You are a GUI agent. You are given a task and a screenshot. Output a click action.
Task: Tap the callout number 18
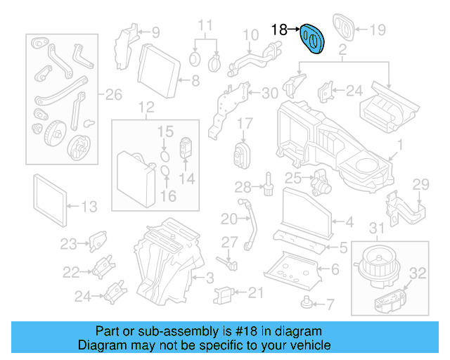(279, 30)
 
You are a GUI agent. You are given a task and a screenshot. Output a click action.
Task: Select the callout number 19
(378, 30)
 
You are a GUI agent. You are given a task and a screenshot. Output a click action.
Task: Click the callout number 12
(146, 108)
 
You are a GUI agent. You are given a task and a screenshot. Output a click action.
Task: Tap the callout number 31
(378, 228)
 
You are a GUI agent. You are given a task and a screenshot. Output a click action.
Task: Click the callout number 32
(417, 273)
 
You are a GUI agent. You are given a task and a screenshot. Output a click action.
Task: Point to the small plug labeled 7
(306, 302)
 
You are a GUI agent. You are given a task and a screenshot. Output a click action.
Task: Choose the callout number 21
(255, 292)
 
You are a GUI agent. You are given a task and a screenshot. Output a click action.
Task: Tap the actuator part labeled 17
(243, 153)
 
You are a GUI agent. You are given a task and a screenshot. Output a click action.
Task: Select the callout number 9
(155, 31)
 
